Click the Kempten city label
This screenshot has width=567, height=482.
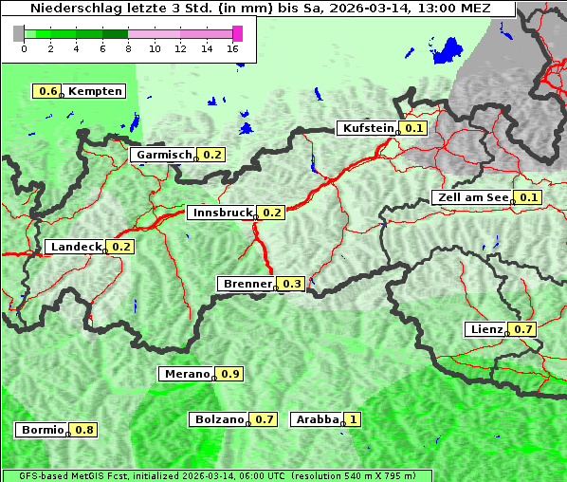tap(95, 91)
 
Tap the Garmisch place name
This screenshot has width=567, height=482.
tap(164, 155)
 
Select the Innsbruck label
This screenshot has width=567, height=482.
tap(222, 213)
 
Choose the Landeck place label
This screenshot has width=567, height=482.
tap(76, 247)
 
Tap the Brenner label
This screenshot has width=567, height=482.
tap(247, 284)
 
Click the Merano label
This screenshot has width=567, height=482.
tap(186, 374)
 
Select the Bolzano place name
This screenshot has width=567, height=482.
tap(220, 418)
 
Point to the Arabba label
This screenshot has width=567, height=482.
tap(317, 418)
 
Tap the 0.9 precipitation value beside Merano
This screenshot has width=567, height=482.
tap(230, 374)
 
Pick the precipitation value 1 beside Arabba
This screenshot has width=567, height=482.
tap(354, 418)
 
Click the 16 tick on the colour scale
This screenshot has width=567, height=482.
tap(233, 48)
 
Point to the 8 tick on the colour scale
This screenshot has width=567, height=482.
tap(128, 48)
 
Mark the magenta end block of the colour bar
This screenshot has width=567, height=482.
tap(237, 33)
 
